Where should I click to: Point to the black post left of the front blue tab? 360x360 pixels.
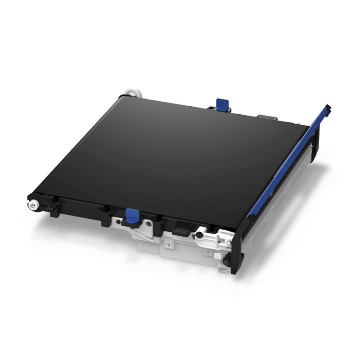click(x=105, y=218)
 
